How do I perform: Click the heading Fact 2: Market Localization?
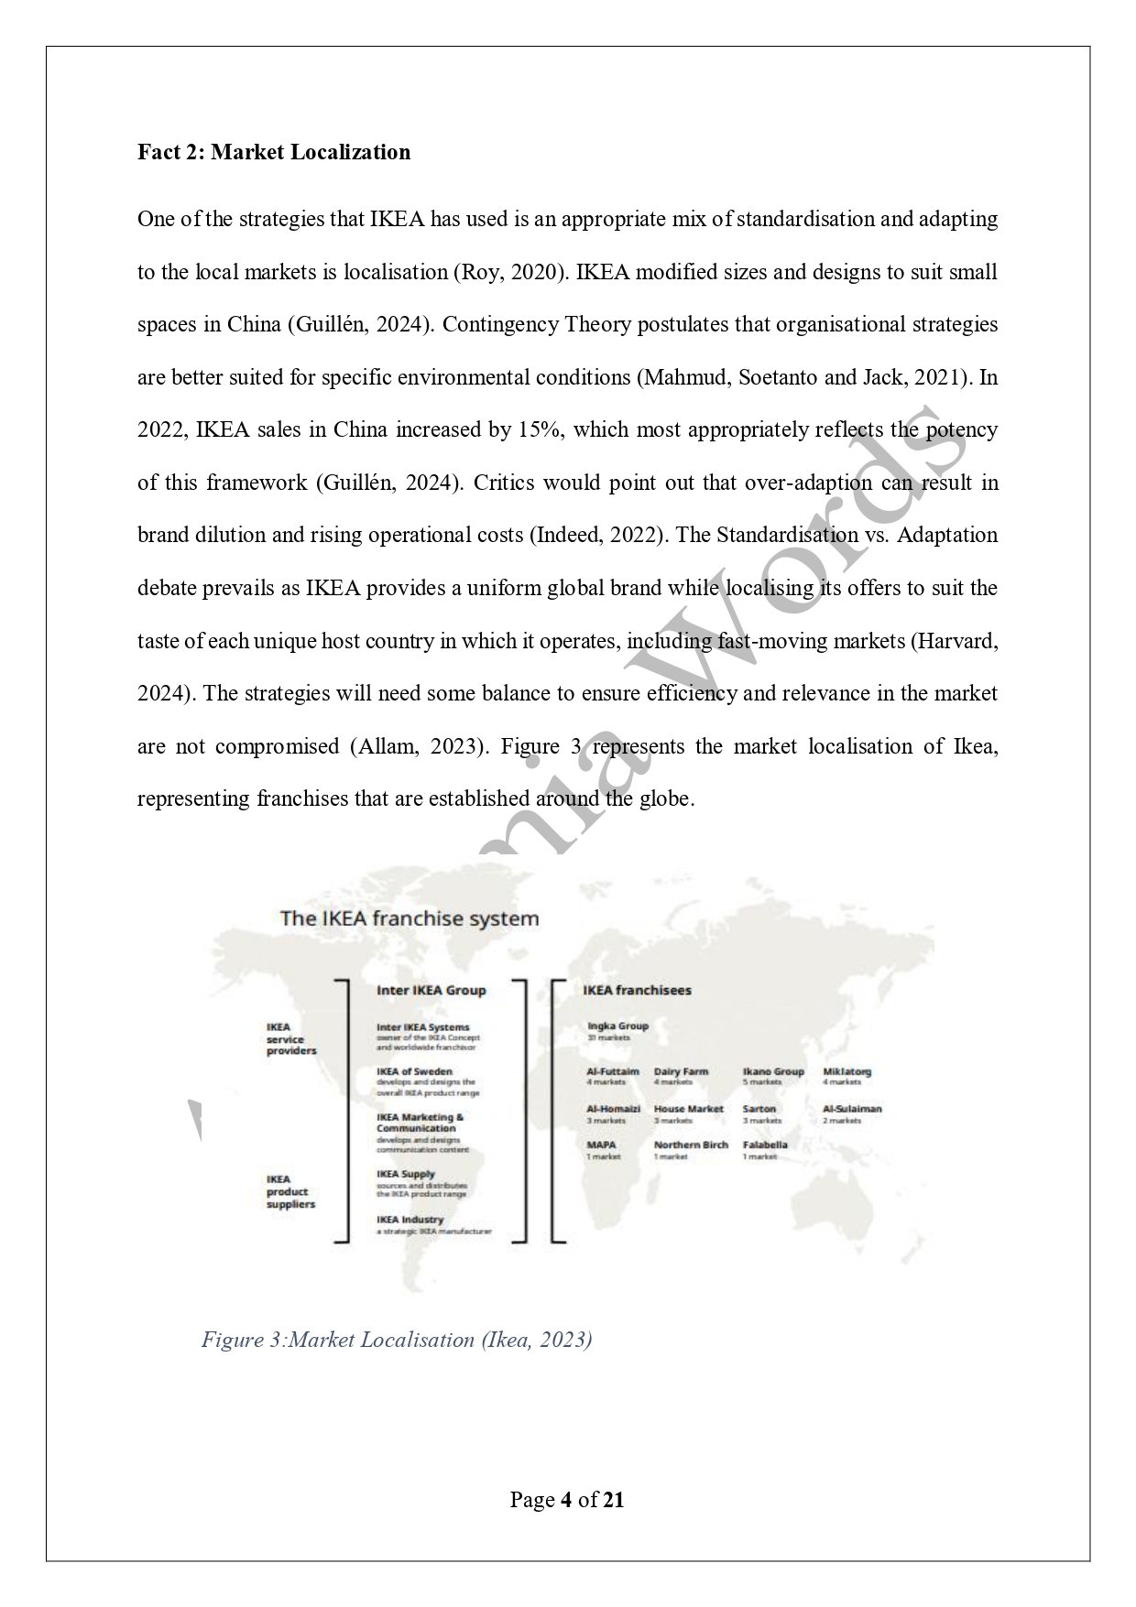pos(274,152)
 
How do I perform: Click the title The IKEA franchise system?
pos(409,918)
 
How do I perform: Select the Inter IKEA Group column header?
pos(431,990)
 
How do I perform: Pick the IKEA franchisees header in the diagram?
pos(637,990)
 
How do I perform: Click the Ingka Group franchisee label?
pos(617,1026)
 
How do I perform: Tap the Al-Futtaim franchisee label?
pos(613,1071)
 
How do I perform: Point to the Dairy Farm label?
pos(681,1071)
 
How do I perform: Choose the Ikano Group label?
pos(773,1071)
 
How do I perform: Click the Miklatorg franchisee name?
pos(847,1071)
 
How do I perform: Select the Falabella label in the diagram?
pos(765,1145)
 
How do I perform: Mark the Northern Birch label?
pos(691,1145)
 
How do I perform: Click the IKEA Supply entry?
pos(406,1174)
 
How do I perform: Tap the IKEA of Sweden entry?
pos(414,1071)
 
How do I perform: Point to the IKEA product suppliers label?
pos(290,1191)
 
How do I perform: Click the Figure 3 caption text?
pos(397,1340)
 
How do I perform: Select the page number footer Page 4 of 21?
pos(567,1500)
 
